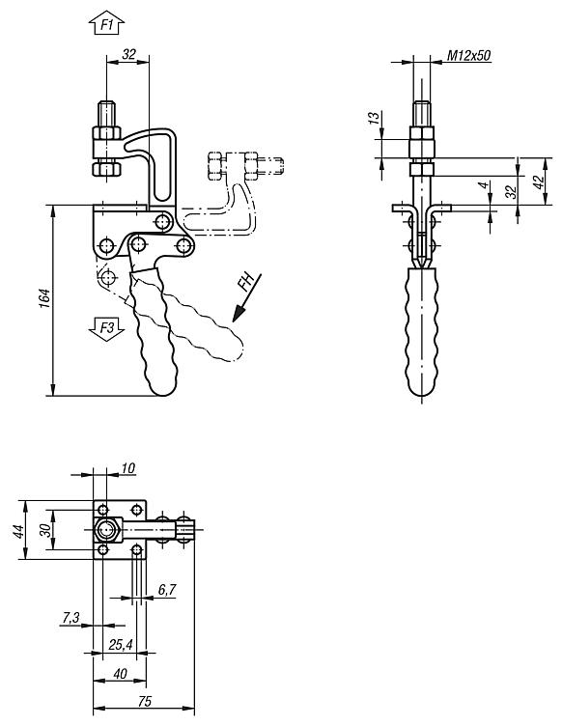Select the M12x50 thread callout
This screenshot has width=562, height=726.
(x=469, y=57)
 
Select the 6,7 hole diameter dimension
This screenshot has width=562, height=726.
(x=165, y=588)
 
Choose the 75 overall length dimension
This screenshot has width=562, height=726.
(x=143, y=702)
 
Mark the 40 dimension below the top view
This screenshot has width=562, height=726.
(x=119, y=673)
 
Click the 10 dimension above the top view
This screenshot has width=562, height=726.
(x=128, y=468)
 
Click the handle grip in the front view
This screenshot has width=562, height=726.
(x=423, y=328)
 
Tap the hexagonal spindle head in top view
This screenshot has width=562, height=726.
(x=106, y=529)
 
